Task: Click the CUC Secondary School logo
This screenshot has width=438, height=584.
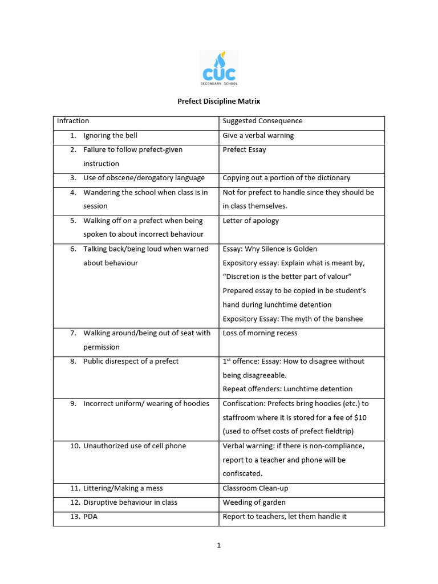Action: click(219, 68)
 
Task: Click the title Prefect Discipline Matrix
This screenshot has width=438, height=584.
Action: click(219, 101)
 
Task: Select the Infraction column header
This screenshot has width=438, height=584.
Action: click(73, 121)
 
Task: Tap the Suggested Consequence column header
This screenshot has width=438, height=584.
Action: click(262, 121)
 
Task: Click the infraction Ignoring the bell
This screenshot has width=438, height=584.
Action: click(110, 136)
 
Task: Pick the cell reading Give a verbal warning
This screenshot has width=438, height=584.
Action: click(258, 136)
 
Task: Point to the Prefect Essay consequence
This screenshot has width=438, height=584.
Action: click(244, 150)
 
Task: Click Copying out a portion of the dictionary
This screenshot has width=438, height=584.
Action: click(286, 178)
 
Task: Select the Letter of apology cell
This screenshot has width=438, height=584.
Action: click(251, 221)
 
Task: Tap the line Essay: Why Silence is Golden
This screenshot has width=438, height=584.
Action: click(270, 249)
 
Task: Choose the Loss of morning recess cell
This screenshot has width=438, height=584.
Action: click(260, 333)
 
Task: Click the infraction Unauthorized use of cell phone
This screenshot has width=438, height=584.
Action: click(135, 446)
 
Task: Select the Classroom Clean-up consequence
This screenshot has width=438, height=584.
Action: click(255, 488)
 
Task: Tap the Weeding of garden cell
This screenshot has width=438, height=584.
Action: click(254, 502)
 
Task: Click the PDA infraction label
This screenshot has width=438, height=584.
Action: click(91, 517)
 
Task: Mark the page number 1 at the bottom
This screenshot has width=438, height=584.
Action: click(218, 545)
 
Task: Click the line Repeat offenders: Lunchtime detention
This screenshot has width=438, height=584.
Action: click(287, 389)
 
